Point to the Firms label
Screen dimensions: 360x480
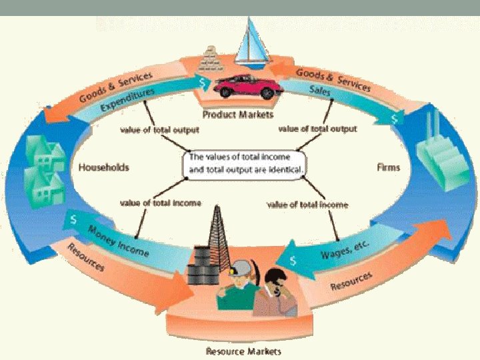click(388, 167)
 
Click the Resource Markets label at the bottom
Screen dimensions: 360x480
click(243, 351)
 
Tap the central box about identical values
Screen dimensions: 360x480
click(247, 163)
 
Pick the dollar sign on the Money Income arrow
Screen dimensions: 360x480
click(73, 218)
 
